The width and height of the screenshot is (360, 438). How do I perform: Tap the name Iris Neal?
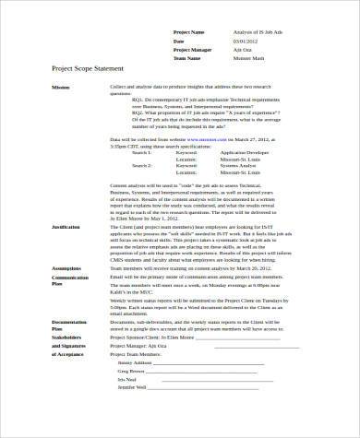126,405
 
